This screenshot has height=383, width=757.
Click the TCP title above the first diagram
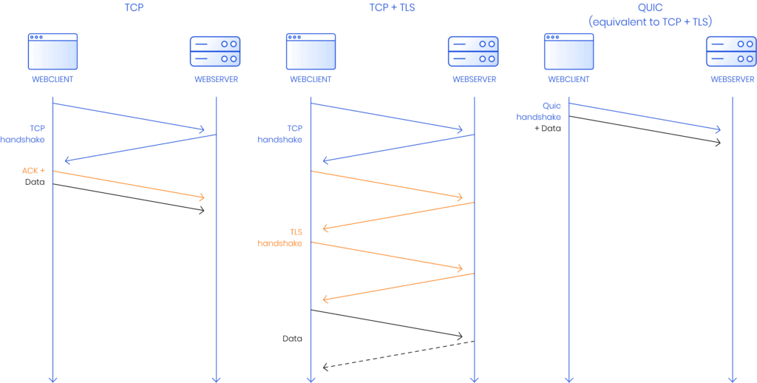coord(134,7)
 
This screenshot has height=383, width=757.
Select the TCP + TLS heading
coord(392,7)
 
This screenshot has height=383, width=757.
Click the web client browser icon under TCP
coord(52,51)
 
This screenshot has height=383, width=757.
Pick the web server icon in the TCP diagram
coord(215,51)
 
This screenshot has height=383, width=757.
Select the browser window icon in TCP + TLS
coord(310,51)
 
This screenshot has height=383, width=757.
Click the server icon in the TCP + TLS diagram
coord(473,51)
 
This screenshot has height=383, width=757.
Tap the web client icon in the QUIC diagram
coord(568,51)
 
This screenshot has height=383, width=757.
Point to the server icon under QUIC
coord(731,51)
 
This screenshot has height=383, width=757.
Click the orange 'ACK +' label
coord(33,171)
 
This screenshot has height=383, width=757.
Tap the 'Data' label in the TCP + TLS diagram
coord(293,338)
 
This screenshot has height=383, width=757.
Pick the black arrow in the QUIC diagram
coord(644,129)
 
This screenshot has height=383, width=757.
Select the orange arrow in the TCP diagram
coord(129,185)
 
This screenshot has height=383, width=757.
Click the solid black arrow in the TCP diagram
coord(129,197)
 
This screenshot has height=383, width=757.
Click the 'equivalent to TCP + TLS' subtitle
coord(650,22)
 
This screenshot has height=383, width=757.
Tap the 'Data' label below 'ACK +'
coord(34,182)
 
